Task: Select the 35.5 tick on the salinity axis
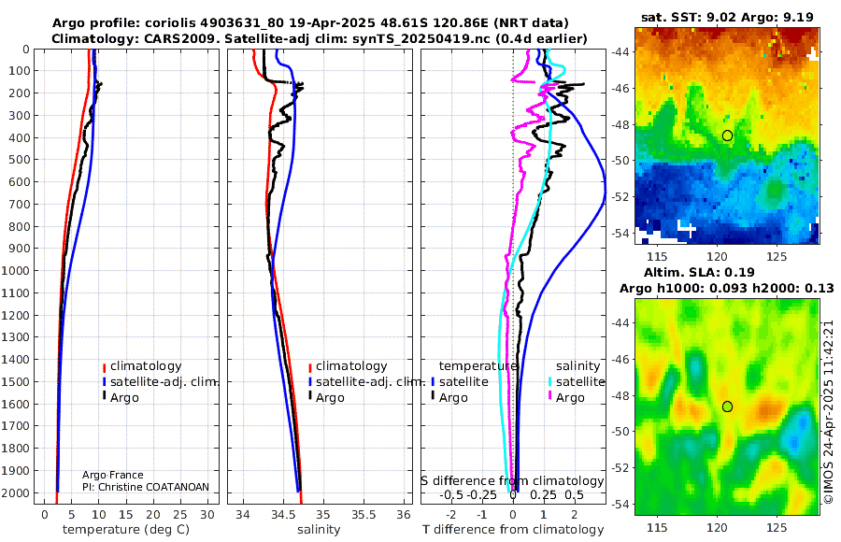(363, 515)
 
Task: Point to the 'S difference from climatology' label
(512, 480)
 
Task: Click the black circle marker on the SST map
(728, 135)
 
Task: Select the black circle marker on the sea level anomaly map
(728, 406)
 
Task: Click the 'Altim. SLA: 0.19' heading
(726, 271)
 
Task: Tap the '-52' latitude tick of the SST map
(620, 197)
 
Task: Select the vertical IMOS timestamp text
(829, 411)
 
